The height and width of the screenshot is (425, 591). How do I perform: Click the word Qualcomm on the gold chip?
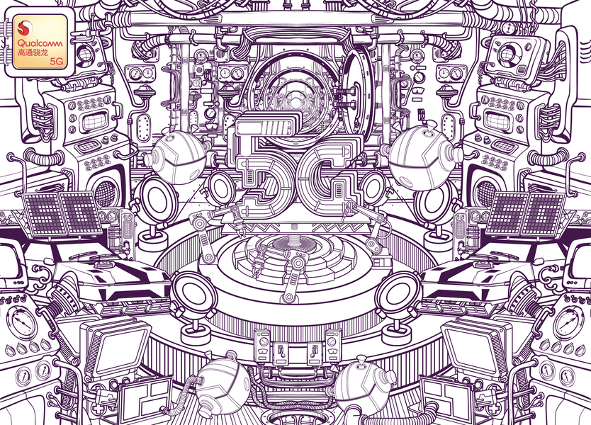[x=40, y=43]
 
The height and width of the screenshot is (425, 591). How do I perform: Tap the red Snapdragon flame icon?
[x=24, y=27]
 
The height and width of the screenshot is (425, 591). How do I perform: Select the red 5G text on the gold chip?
[x=56, y=61]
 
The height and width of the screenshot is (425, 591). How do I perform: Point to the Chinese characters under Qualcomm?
[x=33, y=52]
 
